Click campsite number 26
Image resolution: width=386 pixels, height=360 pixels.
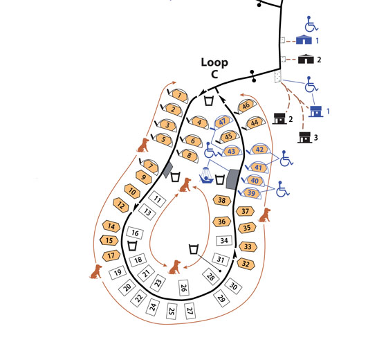[183, 287]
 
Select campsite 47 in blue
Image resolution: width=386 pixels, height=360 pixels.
[222, 122]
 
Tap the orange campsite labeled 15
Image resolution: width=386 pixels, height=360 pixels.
[109, 240]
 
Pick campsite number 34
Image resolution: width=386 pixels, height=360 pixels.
[224, 240]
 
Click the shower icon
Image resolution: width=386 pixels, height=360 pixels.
[206, 175]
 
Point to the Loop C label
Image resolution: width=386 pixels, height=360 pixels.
[214, 68]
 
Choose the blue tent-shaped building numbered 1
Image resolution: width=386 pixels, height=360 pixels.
[304, 39]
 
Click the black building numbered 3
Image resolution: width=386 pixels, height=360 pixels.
[305, 138]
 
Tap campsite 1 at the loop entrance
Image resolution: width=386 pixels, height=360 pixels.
[180, 95]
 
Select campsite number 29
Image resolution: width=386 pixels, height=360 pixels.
[221, 298]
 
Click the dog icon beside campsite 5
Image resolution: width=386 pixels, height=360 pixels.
[143, 145]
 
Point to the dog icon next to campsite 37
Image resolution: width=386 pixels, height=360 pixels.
[265, 215]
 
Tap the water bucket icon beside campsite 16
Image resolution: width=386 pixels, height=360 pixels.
[132, 246]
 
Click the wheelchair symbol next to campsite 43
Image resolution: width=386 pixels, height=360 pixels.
[210, 150]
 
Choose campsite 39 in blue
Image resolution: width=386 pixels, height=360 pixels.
[251, 193]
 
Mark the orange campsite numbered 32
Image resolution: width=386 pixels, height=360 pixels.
[246, 264]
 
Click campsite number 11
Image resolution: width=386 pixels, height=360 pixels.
[157, 199]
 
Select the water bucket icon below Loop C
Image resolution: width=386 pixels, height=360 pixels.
[209, 101]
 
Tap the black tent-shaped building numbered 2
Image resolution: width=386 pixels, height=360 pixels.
[306, 59]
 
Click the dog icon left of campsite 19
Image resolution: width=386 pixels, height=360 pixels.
[96, 271]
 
